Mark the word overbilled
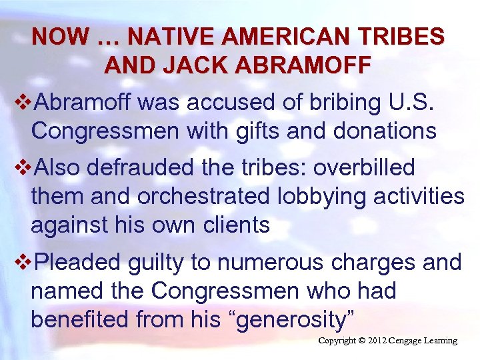pos(364,167)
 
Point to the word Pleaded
pos(78,263)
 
